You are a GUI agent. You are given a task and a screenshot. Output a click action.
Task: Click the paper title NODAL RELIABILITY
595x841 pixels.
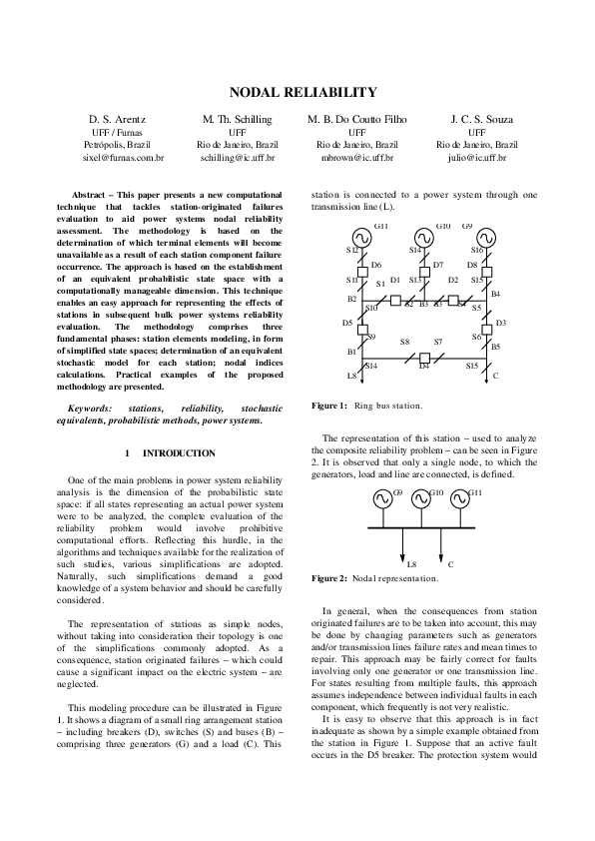[x=303, y=93]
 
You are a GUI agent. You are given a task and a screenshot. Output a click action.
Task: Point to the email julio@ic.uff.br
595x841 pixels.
[x=477, y=158]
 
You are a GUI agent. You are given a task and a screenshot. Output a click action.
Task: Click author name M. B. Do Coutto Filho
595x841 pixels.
[x=357, y=119]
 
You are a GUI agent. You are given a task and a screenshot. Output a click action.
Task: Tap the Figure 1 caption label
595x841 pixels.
[x=328, y=406]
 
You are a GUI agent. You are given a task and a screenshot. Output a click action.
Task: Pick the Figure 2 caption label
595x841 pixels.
[x=328, y=578]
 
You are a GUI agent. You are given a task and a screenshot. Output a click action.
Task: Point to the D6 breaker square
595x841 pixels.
[x=361, y=271]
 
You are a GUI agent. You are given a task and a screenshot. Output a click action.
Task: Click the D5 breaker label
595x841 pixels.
[x=347, y=323]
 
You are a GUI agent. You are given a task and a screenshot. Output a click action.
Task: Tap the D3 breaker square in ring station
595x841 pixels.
[x=487, y=329]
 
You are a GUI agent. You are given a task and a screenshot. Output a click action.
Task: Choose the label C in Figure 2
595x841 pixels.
[x=450, y=564]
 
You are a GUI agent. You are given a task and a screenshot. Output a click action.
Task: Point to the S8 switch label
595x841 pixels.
[x=404, y=343]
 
